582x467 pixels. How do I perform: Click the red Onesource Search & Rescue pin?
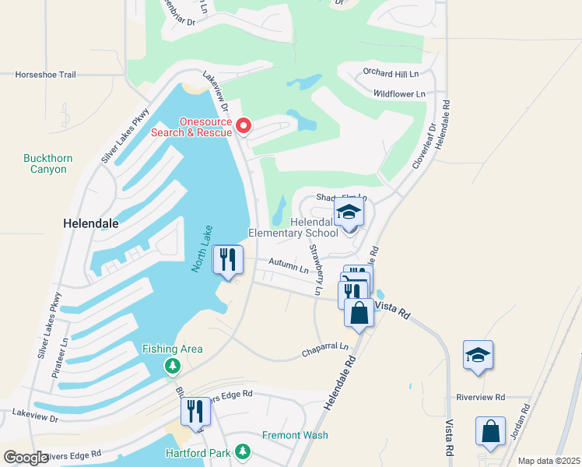[244, 125]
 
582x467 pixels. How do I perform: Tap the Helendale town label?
[90, 223]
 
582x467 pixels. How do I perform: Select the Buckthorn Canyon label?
[48, 163]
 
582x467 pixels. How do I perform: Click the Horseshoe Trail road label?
[45, 75]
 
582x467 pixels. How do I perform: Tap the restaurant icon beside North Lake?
[227, 260]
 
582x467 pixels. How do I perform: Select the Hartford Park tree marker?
[243, 451]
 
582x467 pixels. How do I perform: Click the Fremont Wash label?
[295, 435]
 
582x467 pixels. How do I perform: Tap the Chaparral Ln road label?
[324, 353]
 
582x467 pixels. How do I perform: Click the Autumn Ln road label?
[289, 265]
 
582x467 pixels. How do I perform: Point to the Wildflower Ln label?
[399, 94]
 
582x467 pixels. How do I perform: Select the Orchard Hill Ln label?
[391, 73]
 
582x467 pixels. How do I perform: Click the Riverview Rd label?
[481, 397]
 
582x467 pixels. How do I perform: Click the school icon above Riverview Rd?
[477, 355]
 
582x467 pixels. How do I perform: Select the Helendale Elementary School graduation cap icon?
[349, 212]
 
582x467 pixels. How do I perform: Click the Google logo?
[26, 458]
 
